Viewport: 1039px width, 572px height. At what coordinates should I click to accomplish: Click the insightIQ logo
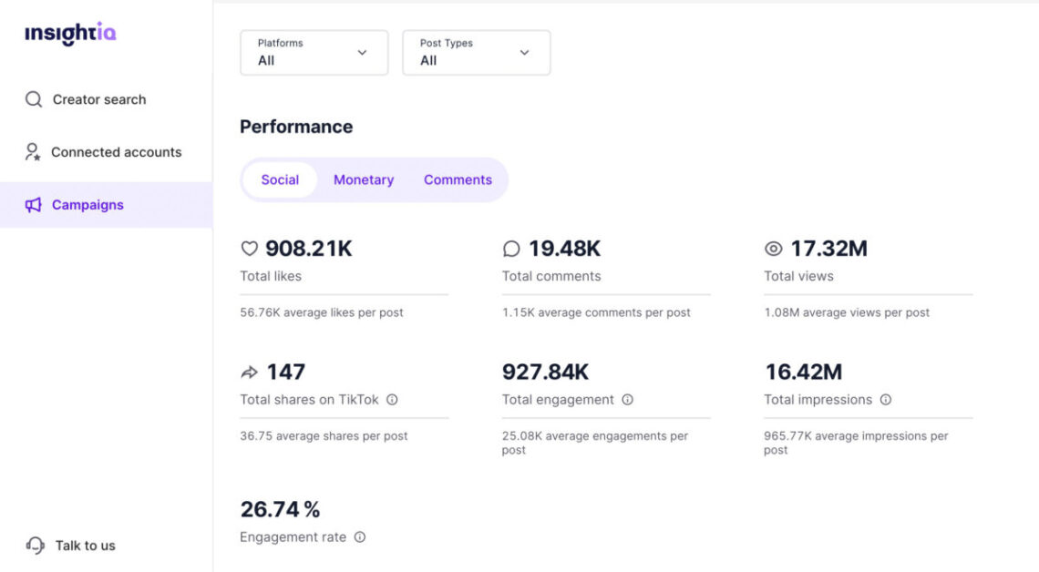pos(70,34)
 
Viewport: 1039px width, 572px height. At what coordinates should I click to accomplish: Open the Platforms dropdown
pos(314,53)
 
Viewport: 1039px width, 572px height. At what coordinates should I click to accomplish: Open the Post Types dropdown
pos(476,53)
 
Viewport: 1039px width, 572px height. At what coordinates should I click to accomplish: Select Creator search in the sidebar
pos(98,99)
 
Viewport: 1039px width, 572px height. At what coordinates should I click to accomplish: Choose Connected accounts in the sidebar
pos(116,152)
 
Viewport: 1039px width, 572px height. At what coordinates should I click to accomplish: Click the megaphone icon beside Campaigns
pos(34,205)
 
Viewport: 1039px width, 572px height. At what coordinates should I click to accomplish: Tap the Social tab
pos(280,179)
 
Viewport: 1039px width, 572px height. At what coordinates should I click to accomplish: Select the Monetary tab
pos(364,179)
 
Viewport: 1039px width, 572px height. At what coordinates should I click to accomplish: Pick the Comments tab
pos(458,179)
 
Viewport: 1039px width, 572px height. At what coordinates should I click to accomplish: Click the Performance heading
pos(296,127)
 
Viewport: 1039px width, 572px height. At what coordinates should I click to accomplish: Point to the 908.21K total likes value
pos(308,249)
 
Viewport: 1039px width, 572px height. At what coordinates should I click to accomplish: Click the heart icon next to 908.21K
pos(249,249)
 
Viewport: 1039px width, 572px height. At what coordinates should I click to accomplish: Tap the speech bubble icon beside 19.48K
pos(511,249)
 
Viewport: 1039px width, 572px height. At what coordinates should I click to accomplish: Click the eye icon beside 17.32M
pos(774,249)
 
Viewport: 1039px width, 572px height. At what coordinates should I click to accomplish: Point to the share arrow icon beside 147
pos(249,372)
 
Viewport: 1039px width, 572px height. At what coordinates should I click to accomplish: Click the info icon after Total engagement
pos(627,400)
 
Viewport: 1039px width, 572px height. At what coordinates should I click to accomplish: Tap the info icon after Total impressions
pos(885,400)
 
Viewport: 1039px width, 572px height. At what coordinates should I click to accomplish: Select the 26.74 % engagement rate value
pos(280,509)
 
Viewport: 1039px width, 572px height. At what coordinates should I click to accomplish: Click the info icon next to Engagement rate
pos(360,537)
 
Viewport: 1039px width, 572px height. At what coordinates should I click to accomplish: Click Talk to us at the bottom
pos(85,546)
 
